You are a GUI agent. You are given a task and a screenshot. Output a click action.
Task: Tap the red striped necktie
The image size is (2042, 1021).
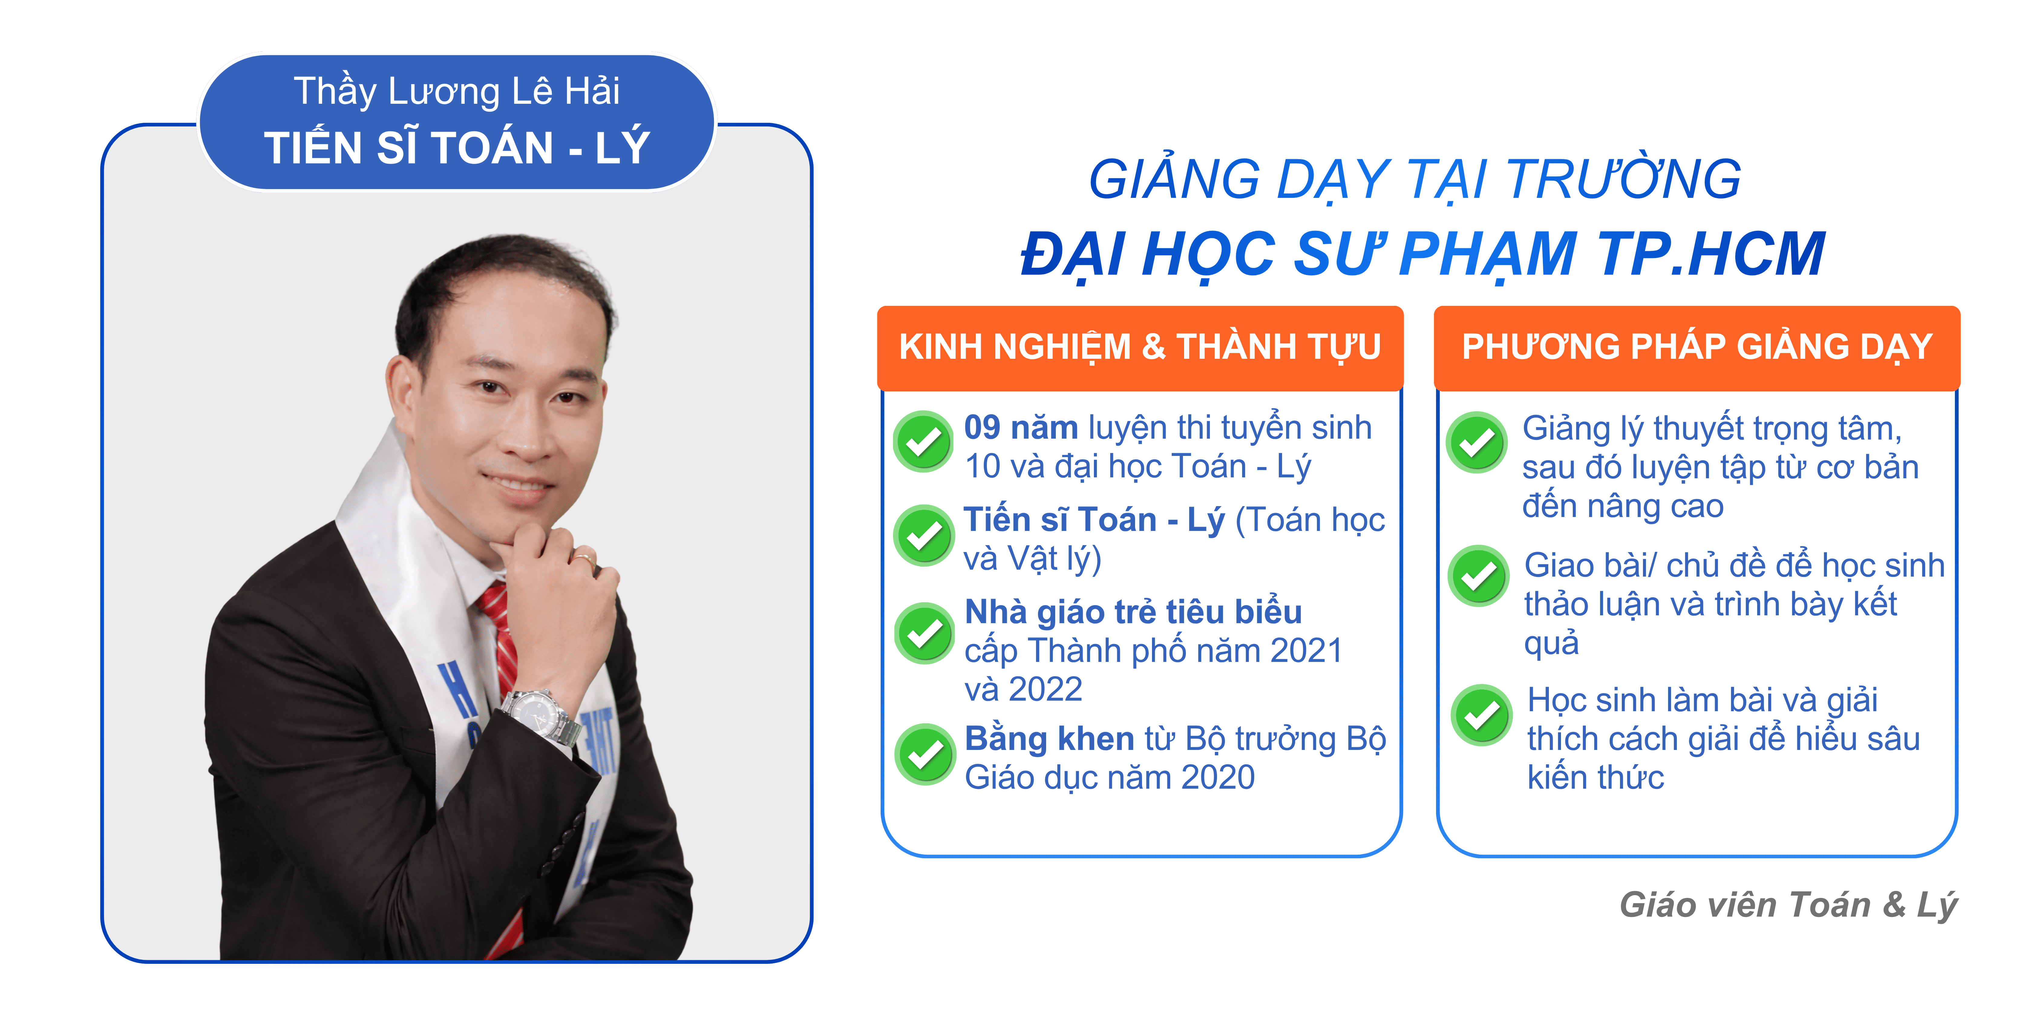498,634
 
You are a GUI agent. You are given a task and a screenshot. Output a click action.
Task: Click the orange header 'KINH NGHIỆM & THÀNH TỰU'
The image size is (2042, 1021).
1140,347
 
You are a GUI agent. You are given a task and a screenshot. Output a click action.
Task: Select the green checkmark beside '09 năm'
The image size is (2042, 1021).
924,442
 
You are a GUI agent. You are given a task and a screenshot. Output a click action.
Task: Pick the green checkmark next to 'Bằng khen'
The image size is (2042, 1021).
925,754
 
